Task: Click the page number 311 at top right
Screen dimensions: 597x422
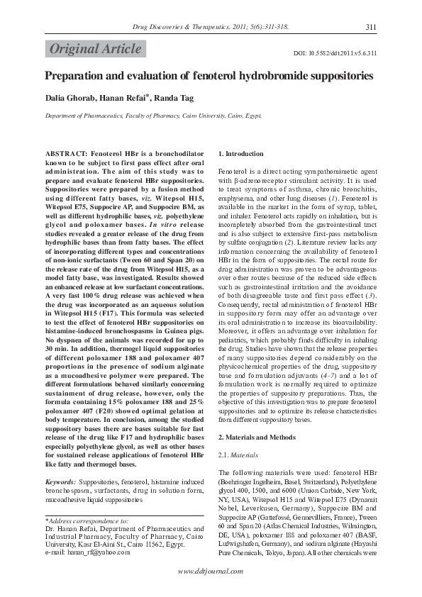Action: pos(370,27)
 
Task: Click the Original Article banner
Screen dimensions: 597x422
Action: pos(95,49)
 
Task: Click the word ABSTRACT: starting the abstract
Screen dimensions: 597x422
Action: pos(66,153)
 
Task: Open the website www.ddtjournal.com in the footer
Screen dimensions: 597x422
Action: pos(211,571)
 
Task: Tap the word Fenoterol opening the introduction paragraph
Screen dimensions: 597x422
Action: pos(235,172)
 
